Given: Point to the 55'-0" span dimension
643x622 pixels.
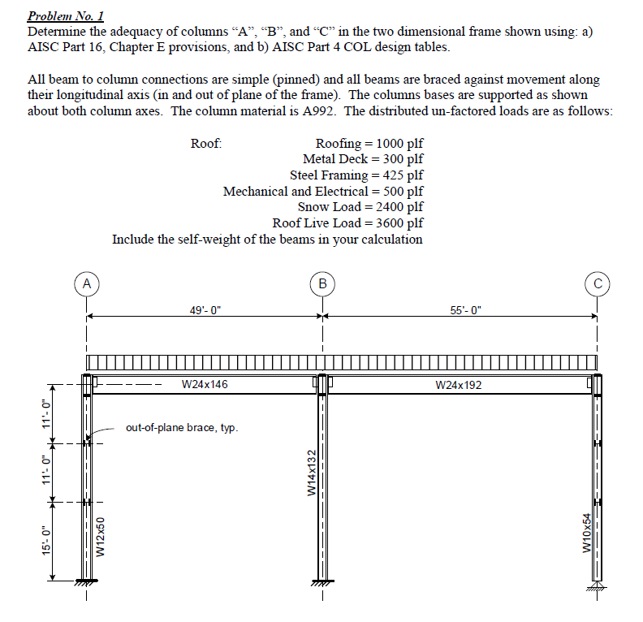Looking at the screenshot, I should point(465,309).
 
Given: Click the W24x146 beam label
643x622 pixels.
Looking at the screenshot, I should point(205,384).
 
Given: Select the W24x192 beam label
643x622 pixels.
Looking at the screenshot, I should point(458,385).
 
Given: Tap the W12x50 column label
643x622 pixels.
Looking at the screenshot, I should point(101,537).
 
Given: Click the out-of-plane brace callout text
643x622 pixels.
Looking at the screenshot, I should point(182,427).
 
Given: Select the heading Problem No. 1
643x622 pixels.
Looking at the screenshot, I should point(66,16).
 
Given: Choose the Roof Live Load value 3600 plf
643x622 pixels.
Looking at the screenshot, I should point(394,223).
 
